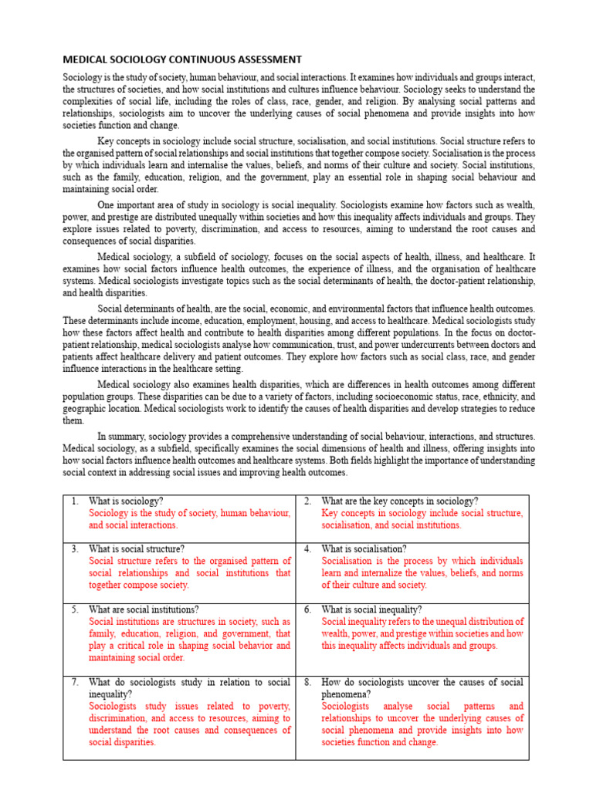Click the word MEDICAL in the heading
(x=86, y=59)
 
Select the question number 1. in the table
(x=75, y=501)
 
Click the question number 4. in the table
(x=307, y=549)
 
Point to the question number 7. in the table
(x=75, y=683)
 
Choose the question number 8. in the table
(x=307, y=683)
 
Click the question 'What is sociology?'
(x=127, y=501)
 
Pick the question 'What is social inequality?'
(x=372, y=609)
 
